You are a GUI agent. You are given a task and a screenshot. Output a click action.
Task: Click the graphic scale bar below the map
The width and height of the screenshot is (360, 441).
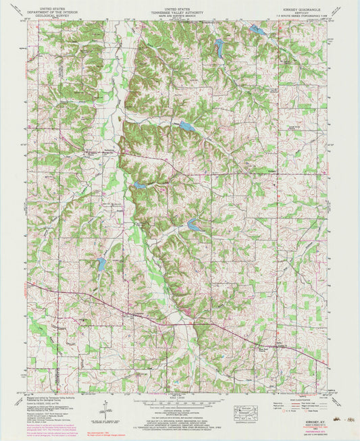pyautogui.click(x=180, y=399)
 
